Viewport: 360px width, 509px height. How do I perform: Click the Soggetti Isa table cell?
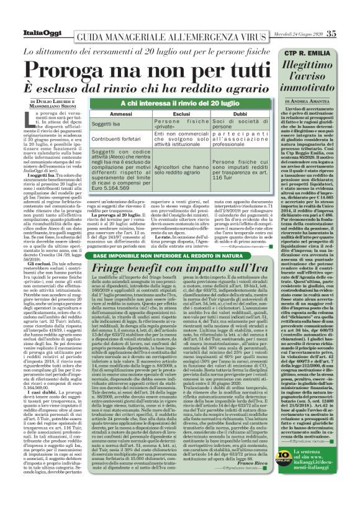coord(108,124)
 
